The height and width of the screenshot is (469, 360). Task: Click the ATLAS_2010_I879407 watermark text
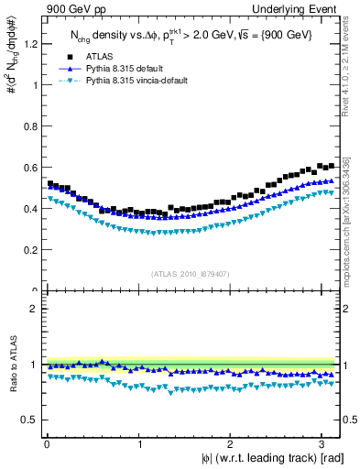191,274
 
